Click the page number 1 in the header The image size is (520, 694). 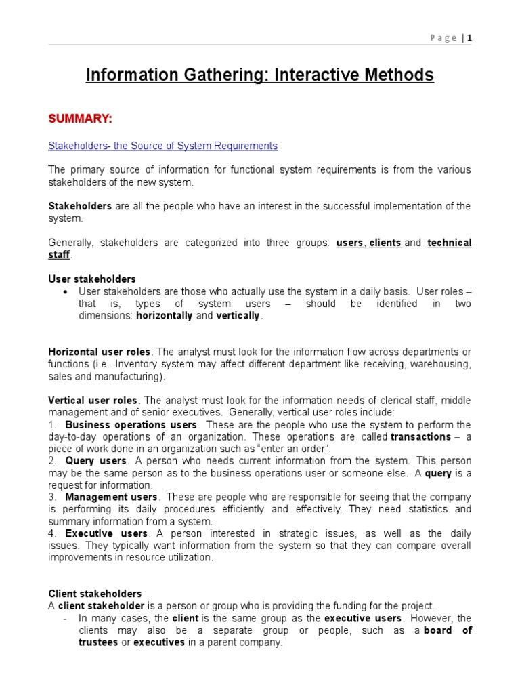(x=469, y=38)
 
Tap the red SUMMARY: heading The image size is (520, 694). (x=80, y=119)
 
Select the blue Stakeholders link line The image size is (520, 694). (x=162, y=146)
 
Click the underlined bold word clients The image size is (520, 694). (x=385, y=243)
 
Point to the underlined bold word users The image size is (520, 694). (x=350, y=243)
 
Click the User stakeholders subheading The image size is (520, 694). (x=92, y=279)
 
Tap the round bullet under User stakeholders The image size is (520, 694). (x=65, y=292)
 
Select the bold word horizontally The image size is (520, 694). (x=165, y=316)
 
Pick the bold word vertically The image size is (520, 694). (x=238, y=316)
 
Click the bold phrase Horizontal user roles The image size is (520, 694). (x=100, y=352)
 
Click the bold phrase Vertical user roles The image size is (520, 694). (x=93, y=401)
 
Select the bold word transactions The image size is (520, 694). (x=420, y=437)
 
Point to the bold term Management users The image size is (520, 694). (x=111, y=497)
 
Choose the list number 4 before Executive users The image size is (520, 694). (x=51, y=534)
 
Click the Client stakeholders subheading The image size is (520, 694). (x=95, y=594)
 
